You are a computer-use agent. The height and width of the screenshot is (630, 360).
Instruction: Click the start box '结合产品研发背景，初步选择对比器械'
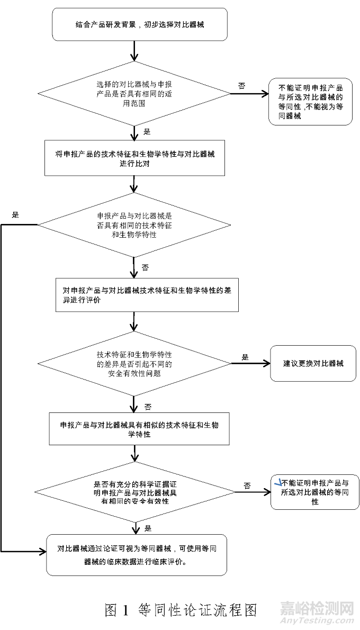coord(139,24)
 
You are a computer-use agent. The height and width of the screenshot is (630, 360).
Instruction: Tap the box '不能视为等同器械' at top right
coord(310,102)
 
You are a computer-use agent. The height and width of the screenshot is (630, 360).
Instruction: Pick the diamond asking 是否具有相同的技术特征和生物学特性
coord(134,225)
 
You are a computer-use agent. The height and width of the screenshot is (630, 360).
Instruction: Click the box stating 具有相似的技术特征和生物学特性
coord(139,429)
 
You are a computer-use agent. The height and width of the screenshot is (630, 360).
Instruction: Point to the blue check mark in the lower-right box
coord(276,482)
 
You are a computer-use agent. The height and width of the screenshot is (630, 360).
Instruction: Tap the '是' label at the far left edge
coord(15,215)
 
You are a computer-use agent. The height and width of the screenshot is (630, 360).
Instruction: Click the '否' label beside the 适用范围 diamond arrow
coord(242,86)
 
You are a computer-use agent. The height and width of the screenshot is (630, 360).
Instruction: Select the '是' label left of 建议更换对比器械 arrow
coord(245,357)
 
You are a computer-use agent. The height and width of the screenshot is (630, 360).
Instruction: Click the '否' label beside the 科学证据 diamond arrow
coord(247,485)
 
